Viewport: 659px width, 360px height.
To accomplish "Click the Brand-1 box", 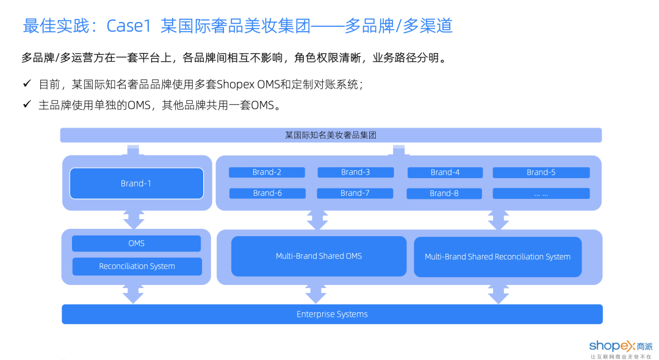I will pyautogui.click(x=136, y=183).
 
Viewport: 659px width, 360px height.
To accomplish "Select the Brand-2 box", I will pyautogui.click(x=267, y=173).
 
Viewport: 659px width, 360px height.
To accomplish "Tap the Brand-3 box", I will pyautogui.click(x=355, y=173).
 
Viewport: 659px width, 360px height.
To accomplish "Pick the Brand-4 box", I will pyautogui.click(x=445, y=173).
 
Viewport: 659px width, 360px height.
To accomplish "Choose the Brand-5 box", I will pyautogui.click(x=541, y=173).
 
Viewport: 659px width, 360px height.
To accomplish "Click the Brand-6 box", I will pyautogui.click(x=267, y=193).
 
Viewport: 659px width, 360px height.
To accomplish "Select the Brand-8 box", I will pyautogui.click(x=444, y=193).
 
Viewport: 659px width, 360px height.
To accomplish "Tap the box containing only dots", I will pyautogui.click(x=541, y=193).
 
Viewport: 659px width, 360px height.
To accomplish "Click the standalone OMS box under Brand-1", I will pyautogui.click(x=136, y=243).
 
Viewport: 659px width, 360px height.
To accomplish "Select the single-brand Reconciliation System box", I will pyautogui.click(x=137, y=267).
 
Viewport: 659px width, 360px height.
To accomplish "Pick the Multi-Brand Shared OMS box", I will pyautogui.click(x=319, y=256).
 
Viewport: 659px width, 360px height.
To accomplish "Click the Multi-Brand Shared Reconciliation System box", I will pyautogui.click(x=497, y=257).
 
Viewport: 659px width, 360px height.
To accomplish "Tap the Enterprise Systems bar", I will pyautogui.click(x=332, y=314).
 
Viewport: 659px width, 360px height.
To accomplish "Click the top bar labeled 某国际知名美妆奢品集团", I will pyautogui.click(x=331, y=135).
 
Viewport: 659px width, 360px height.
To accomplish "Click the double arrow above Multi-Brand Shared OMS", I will pyautogui.click(x=317, y=219).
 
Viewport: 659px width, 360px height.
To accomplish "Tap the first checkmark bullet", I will pyautogui.click(x=27, y=83).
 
